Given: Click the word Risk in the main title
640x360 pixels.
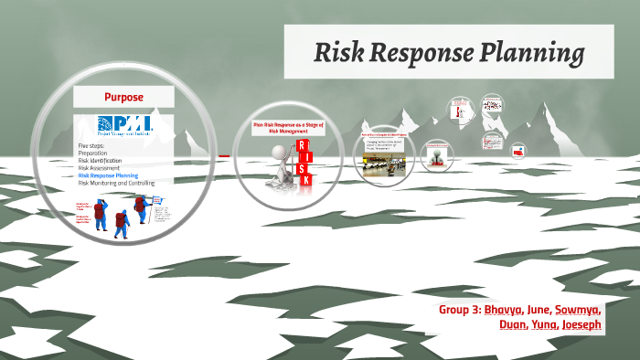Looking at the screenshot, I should (x=340, y=53).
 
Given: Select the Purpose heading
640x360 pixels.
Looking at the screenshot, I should (x=123, y=96).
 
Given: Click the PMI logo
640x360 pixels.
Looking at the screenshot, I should (x=123, y=125).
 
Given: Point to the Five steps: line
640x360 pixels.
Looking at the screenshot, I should (x=93, y=144).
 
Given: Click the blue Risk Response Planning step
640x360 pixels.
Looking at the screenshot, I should (x=109, y=175).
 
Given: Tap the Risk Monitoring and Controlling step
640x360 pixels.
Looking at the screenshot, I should (x=116, y=182).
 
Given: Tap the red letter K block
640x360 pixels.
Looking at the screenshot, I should (x=305, y=179).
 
